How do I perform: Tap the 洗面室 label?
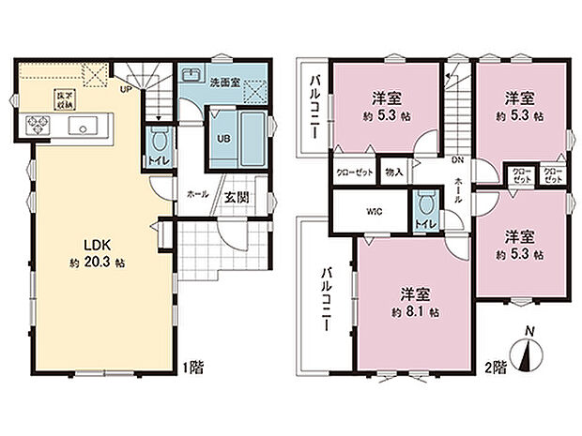click(222, 81)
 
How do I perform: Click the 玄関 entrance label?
click(236, 197)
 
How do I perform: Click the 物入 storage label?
click(393, 173)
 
